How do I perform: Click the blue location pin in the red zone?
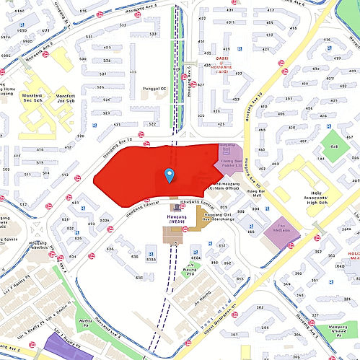pos(169,175)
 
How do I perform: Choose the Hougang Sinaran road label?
pos(141,205)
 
